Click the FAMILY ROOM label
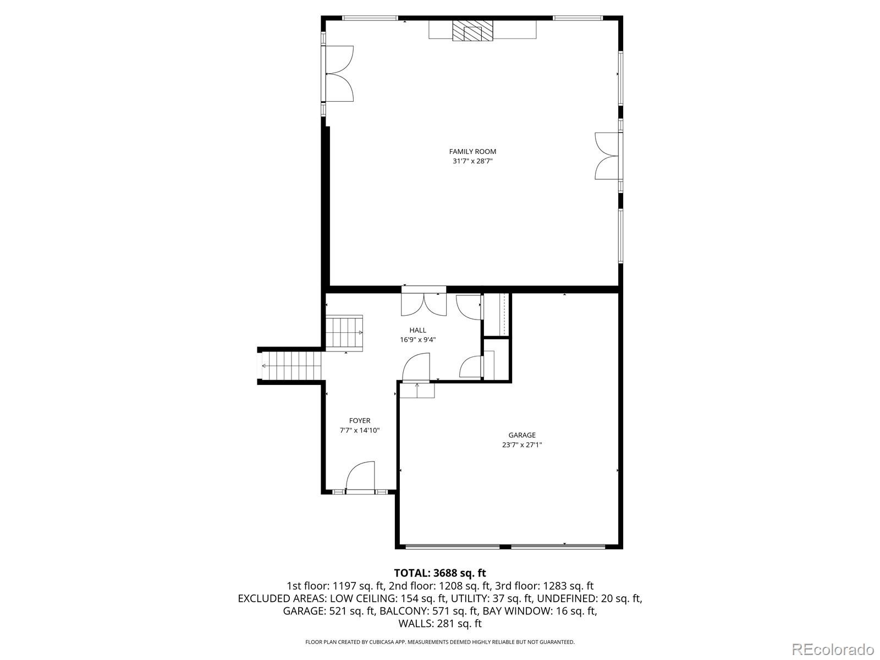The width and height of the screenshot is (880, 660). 472,151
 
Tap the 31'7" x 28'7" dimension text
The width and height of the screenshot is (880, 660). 472,162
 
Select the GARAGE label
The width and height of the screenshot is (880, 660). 521,435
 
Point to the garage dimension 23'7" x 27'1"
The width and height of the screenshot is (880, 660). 521,445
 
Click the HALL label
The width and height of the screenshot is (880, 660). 417,330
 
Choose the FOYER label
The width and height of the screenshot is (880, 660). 360,421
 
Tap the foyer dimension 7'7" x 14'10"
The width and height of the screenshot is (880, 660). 360,431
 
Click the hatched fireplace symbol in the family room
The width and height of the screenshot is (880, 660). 472,31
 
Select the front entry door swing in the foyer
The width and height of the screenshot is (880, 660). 360,476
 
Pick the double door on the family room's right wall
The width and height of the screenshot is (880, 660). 607,156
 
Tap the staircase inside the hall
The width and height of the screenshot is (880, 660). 344,333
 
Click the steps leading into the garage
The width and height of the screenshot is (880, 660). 417,390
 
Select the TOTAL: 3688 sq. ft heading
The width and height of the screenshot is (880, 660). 439,574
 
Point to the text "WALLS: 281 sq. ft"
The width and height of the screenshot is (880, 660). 439,624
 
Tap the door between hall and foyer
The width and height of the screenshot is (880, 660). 416,367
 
